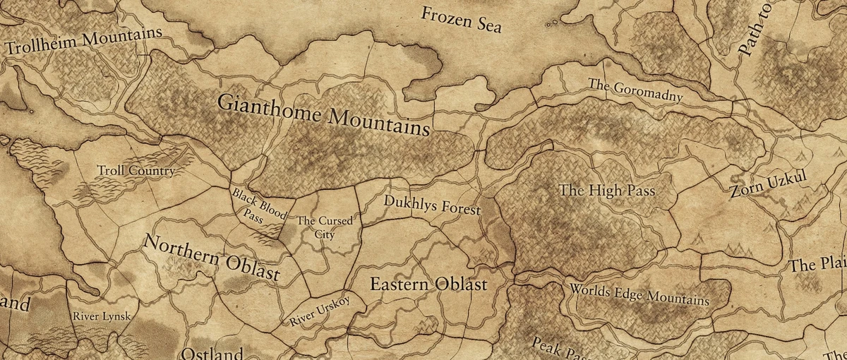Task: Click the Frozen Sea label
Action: tap(462, 19)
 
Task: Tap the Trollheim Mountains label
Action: tap(83, 41)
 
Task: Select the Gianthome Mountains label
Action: tap(323, 114)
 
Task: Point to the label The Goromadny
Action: tap(635, 90)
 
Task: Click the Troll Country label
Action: tap(136, 171)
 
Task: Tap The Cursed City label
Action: tap(325, 227)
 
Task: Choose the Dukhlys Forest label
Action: tap(432, 205)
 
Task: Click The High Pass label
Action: tap(607, 191)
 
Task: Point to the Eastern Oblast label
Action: tap(428, 285)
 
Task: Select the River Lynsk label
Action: tap(102, 316)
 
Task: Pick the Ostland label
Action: tap(208, 353)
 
